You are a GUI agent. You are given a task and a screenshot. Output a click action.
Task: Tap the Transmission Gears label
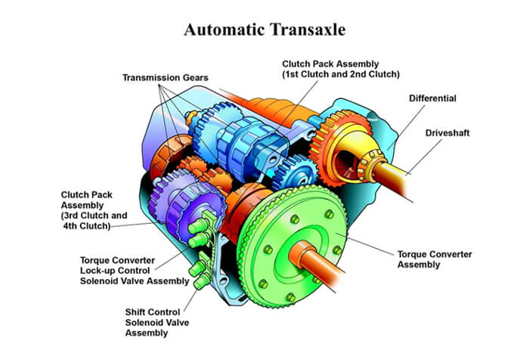(166, 77)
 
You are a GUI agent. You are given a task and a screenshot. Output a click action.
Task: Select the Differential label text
(432, 98)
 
